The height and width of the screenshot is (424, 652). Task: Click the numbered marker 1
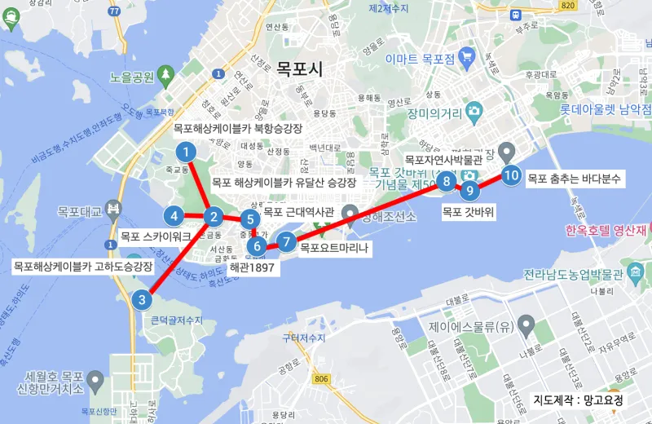187,152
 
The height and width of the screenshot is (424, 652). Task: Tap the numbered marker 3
142,299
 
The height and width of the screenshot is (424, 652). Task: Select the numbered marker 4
174,216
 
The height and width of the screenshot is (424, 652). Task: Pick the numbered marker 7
286,241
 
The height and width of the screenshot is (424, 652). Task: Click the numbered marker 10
511,174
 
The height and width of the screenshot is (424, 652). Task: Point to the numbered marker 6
256,246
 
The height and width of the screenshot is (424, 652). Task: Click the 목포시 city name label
299,69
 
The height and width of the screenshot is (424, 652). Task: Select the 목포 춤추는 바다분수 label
575,177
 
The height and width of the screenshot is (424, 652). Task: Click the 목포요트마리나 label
334,247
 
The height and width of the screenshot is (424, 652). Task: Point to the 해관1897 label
251,266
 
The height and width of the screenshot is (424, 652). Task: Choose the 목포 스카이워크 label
156,236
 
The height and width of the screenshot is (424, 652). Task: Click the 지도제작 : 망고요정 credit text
579,400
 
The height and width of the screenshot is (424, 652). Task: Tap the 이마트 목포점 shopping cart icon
466,57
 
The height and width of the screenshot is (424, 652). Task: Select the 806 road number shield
322,378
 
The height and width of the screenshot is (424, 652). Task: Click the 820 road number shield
567,7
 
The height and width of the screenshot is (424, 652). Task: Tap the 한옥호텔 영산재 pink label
606,230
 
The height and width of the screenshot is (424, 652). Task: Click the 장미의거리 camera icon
474,110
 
